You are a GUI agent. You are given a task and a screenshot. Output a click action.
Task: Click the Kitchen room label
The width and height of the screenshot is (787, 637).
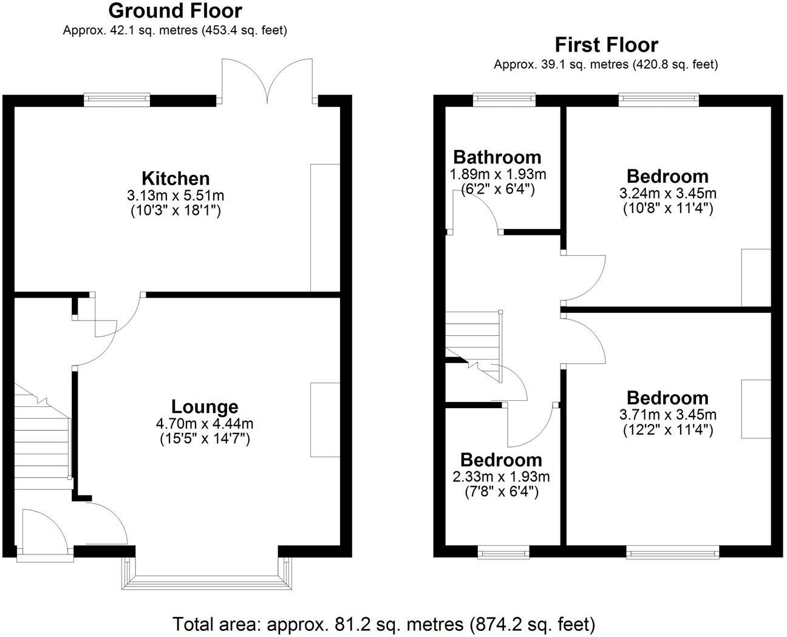coord(175,179)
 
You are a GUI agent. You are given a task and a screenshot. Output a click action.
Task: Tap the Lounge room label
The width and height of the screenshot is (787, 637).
coord(205,407)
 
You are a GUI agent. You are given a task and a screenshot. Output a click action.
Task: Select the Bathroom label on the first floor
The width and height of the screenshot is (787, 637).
coord(497,157)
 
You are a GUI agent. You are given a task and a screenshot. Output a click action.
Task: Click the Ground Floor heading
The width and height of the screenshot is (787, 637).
coord(175,11)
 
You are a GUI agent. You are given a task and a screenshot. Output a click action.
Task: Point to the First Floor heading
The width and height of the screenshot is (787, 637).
coord(606,45)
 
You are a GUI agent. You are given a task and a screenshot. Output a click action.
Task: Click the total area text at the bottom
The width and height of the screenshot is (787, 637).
coord(384,624)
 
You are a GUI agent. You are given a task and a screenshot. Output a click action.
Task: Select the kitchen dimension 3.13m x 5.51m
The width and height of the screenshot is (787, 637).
coord(175,196)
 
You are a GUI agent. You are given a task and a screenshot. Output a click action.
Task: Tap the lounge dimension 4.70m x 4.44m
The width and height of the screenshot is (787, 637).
coord(205,423)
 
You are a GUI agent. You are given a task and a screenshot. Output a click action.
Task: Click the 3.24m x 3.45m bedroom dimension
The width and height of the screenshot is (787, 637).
coord(667,193)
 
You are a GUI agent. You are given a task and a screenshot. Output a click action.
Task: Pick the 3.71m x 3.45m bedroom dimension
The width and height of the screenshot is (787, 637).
coord(667,415)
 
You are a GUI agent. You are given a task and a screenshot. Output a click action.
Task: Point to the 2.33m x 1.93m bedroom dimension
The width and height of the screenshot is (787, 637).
coord(501,477)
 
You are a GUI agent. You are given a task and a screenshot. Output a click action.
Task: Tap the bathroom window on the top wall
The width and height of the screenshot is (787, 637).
coord(505,100)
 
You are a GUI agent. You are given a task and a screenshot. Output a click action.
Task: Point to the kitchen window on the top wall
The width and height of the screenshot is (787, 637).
coord(117,100)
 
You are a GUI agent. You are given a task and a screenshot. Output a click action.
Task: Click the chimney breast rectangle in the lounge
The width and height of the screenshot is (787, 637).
coord(325,419)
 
